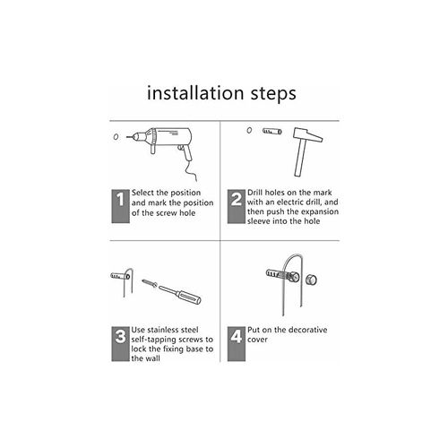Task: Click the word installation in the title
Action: click(196, 93)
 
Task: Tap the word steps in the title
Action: click(273, 94)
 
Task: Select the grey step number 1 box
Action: click(120, 206)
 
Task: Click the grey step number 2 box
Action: click(236, 206)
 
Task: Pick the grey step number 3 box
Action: click(120, 344)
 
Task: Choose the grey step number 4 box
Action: click(236, 344)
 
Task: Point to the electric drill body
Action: click(163, 141)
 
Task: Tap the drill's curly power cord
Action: click(191, 171)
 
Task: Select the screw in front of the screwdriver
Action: click(150, 283)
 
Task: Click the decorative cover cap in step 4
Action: click(311, 280)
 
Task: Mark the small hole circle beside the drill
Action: click(116, 137)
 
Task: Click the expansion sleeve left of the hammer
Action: click(271, 131)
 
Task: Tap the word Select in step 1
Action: click(142, 193)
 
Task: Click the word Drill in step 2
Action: click(254, 193)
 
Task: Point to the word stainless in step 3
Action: click(164, 330)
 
